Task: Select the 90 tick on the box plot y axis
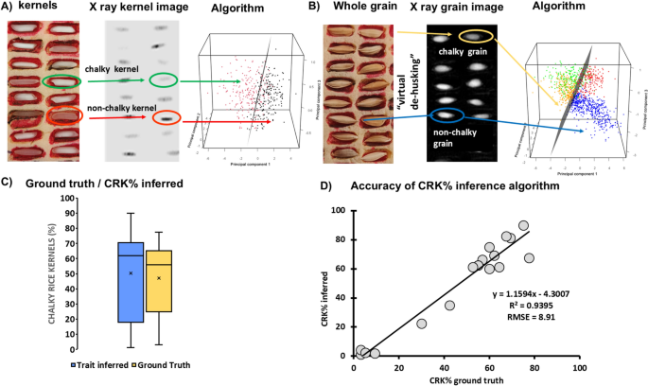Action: (93, 214)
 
